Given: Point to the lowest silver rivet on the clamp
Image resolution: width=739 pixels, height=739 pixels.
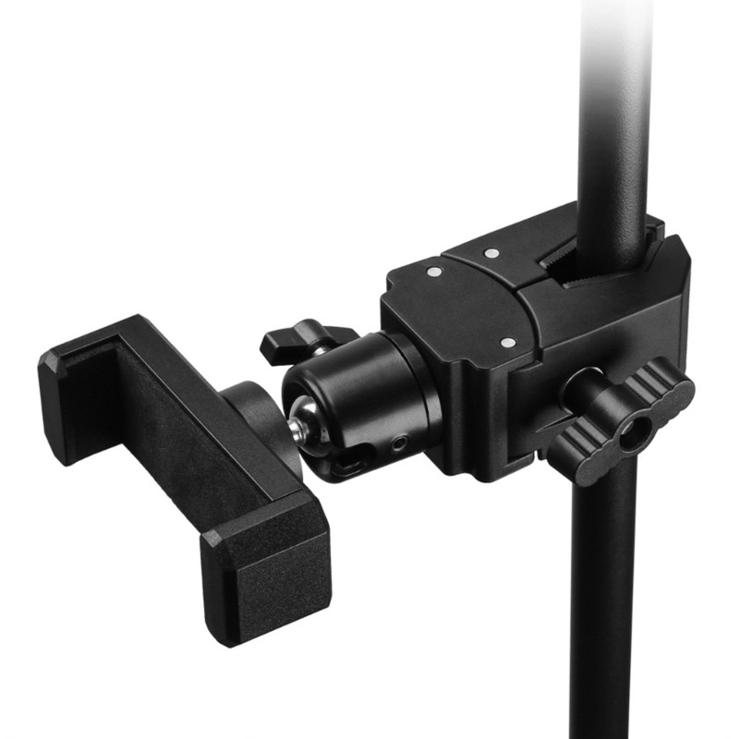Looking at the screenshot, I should click(507, 342).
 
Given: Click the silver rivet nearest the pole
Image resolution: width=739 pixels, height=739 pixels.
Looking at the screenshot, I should click(492, 252).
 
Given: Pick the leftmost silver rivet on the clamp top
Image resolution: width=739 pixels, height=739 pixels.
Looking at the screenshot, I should click(433, 272).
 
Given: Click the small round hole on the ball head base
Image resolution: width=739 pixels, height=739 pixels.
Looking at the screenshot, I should click(398, 443).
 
